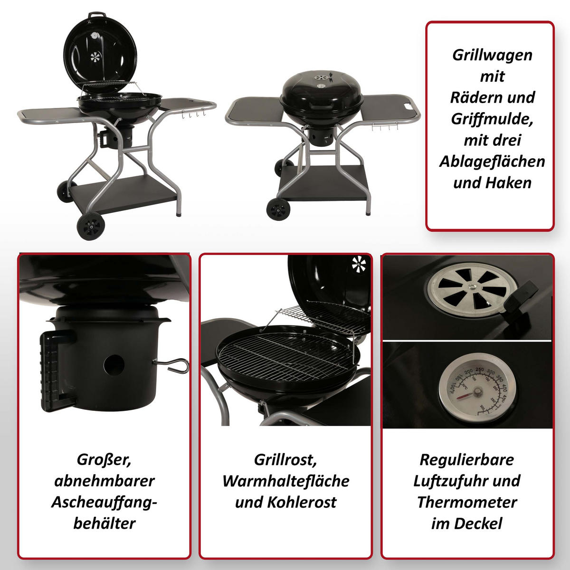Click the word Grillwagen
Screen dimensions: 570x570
click(x=492, y=55)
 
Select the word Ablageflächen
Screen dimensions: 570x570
click(x=492, y=161)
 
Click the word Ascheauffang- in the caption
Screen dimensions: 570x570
click(x=104, y=503)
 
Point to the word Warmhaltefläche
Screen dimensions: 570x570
click(x=286, y=481)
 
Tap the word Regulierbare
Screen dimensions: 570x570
click(x=467, y=460)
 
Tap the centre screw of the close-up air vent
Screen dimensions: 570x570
click(x=473, y=286)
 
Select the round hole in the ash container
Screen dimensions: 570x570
click(x=114, y=365)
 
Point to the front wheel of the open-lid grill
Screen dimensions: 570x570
click(x=91, y=226)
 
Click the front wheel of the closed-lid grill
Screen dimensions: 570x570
click(x=278, y=209)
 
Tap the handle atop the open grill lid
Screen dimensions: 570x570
click(x=97, y=15)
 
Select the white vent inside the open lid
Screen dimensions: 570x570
click(x=95, y=57)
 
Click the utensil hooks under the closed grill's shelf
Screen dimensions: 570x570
click(x=385, y=126)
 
